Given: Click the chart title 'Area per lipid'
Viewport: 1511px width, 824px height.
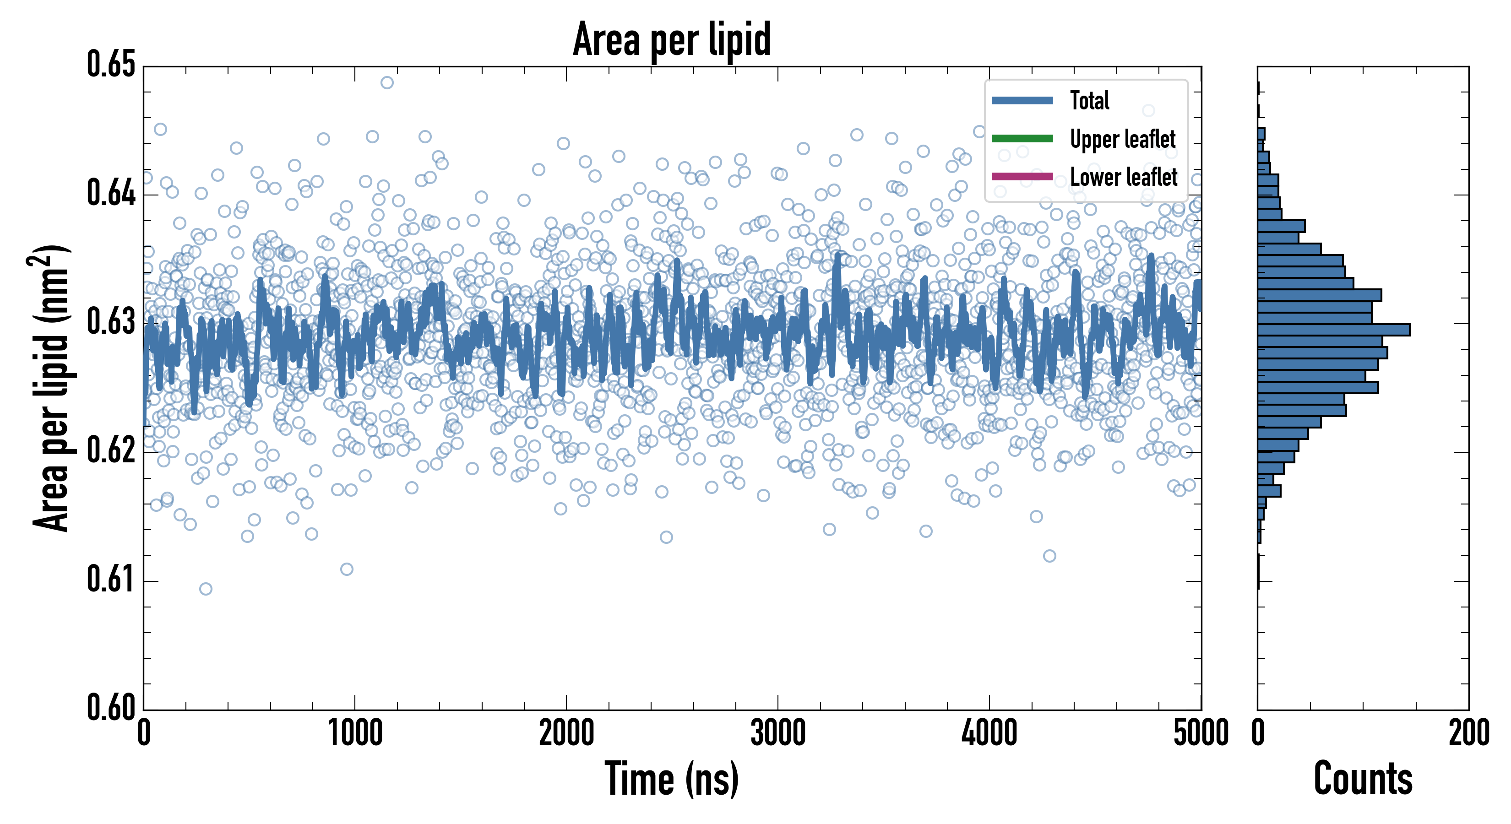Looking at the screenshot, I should (672, 39).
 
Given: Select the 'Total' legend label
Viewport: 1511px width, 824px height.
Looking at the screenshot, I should (1089, 100).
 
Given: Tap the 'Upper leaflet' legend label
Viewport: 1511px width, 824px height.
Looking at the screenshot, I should (1123, 139).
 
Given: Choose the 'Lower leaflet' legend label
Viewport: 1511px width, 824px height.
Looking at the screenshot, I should (1123, 177).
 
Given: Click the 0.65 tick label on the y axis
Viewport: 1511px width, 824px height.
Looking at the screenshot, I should (111, 65).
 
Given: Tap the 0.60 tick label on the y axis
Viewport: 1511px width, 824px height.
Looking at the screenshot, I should (111, 707).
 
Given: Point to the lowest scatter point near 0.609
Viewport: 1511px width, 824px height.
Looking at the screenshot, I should (205, 589).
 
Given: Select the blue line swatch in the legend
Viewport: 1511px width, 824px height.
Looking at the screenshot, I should (1022, 100).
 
